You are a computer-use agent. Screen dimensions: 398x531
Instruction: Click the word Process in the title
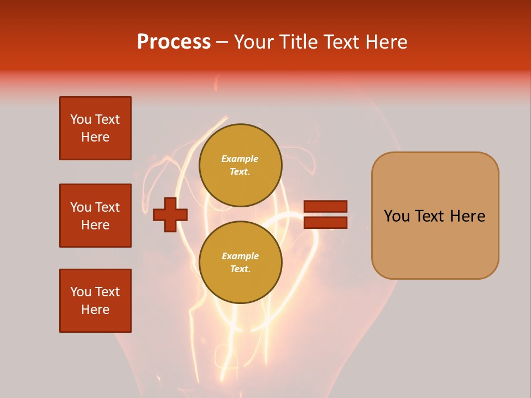coord(174,42)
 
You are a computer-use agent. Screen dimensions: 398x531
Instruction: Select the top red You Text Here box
coord(95,128)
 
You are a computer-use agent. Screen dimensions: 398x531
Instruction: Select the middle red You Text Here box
coord(95,216)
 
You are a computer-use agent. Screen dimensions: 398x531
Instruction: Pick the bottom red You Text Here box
coord(95,301)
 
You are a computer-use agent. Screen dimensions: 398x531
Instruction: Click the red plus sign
coord(170,214)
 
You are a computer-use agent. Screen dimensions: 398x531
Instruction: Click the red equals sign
coord(325,214)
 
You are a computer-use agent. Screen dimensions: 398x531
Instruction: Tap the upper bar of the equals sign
coord(325,207)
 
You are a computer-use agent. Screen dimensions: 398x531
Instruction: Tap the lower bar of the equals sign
coord(325,223)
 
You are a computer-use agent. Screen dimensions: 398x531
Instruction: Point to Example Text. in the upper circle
coord(240,165)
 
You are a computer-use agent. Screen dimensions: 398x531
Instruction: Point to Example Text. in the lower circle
coord(240,263)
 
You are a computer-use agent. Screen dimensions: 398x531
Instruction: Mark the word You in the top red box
coord(81,119)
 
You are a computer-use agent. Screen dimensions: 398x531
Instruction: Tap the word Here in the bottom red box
coord(95,310)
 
